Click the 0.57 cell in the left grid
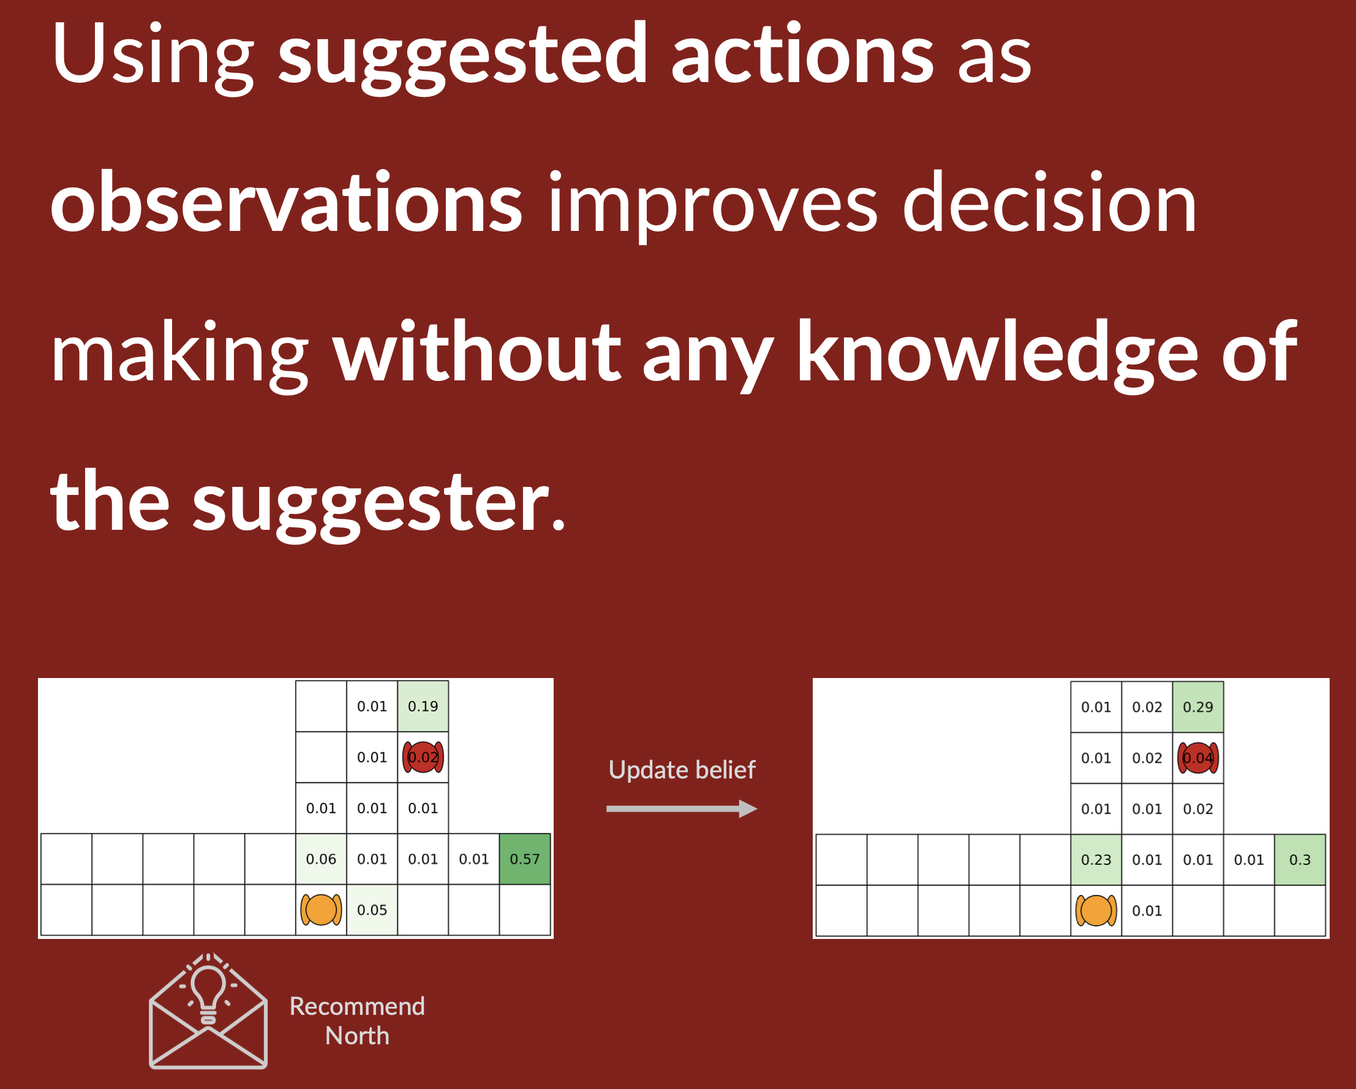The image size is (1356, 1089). coord(524,859)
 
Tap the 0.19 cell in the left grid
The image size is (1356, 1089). coord(423,706)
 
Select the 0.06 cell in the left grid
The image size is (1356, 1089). coord(321,859)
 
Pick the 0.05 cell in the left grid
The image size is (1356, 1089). coord(372,910)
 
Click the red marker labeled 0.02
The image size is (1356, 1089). coord(423,757)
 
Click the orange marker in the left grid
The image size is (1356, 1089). coord(321,910)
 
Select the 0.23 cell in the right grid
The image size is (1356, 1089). coord(1096,859)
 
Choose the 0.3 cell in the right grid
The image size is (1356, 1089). coord(1300,859)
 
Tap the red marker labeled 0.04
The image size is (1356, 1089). coord(1197,758)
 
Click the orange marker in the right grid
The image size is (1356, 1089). coord(1096,910)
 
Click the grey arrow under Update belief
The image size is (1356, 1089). coord(682,808)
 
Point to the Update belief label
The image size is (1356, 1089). coord(682,770)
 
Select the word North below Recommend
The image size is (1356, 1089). coord(357,1036)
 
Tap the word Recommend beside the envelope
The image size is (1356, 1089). coord(357,1006)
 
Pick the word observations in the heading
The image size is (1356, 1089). coord(287,203)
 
